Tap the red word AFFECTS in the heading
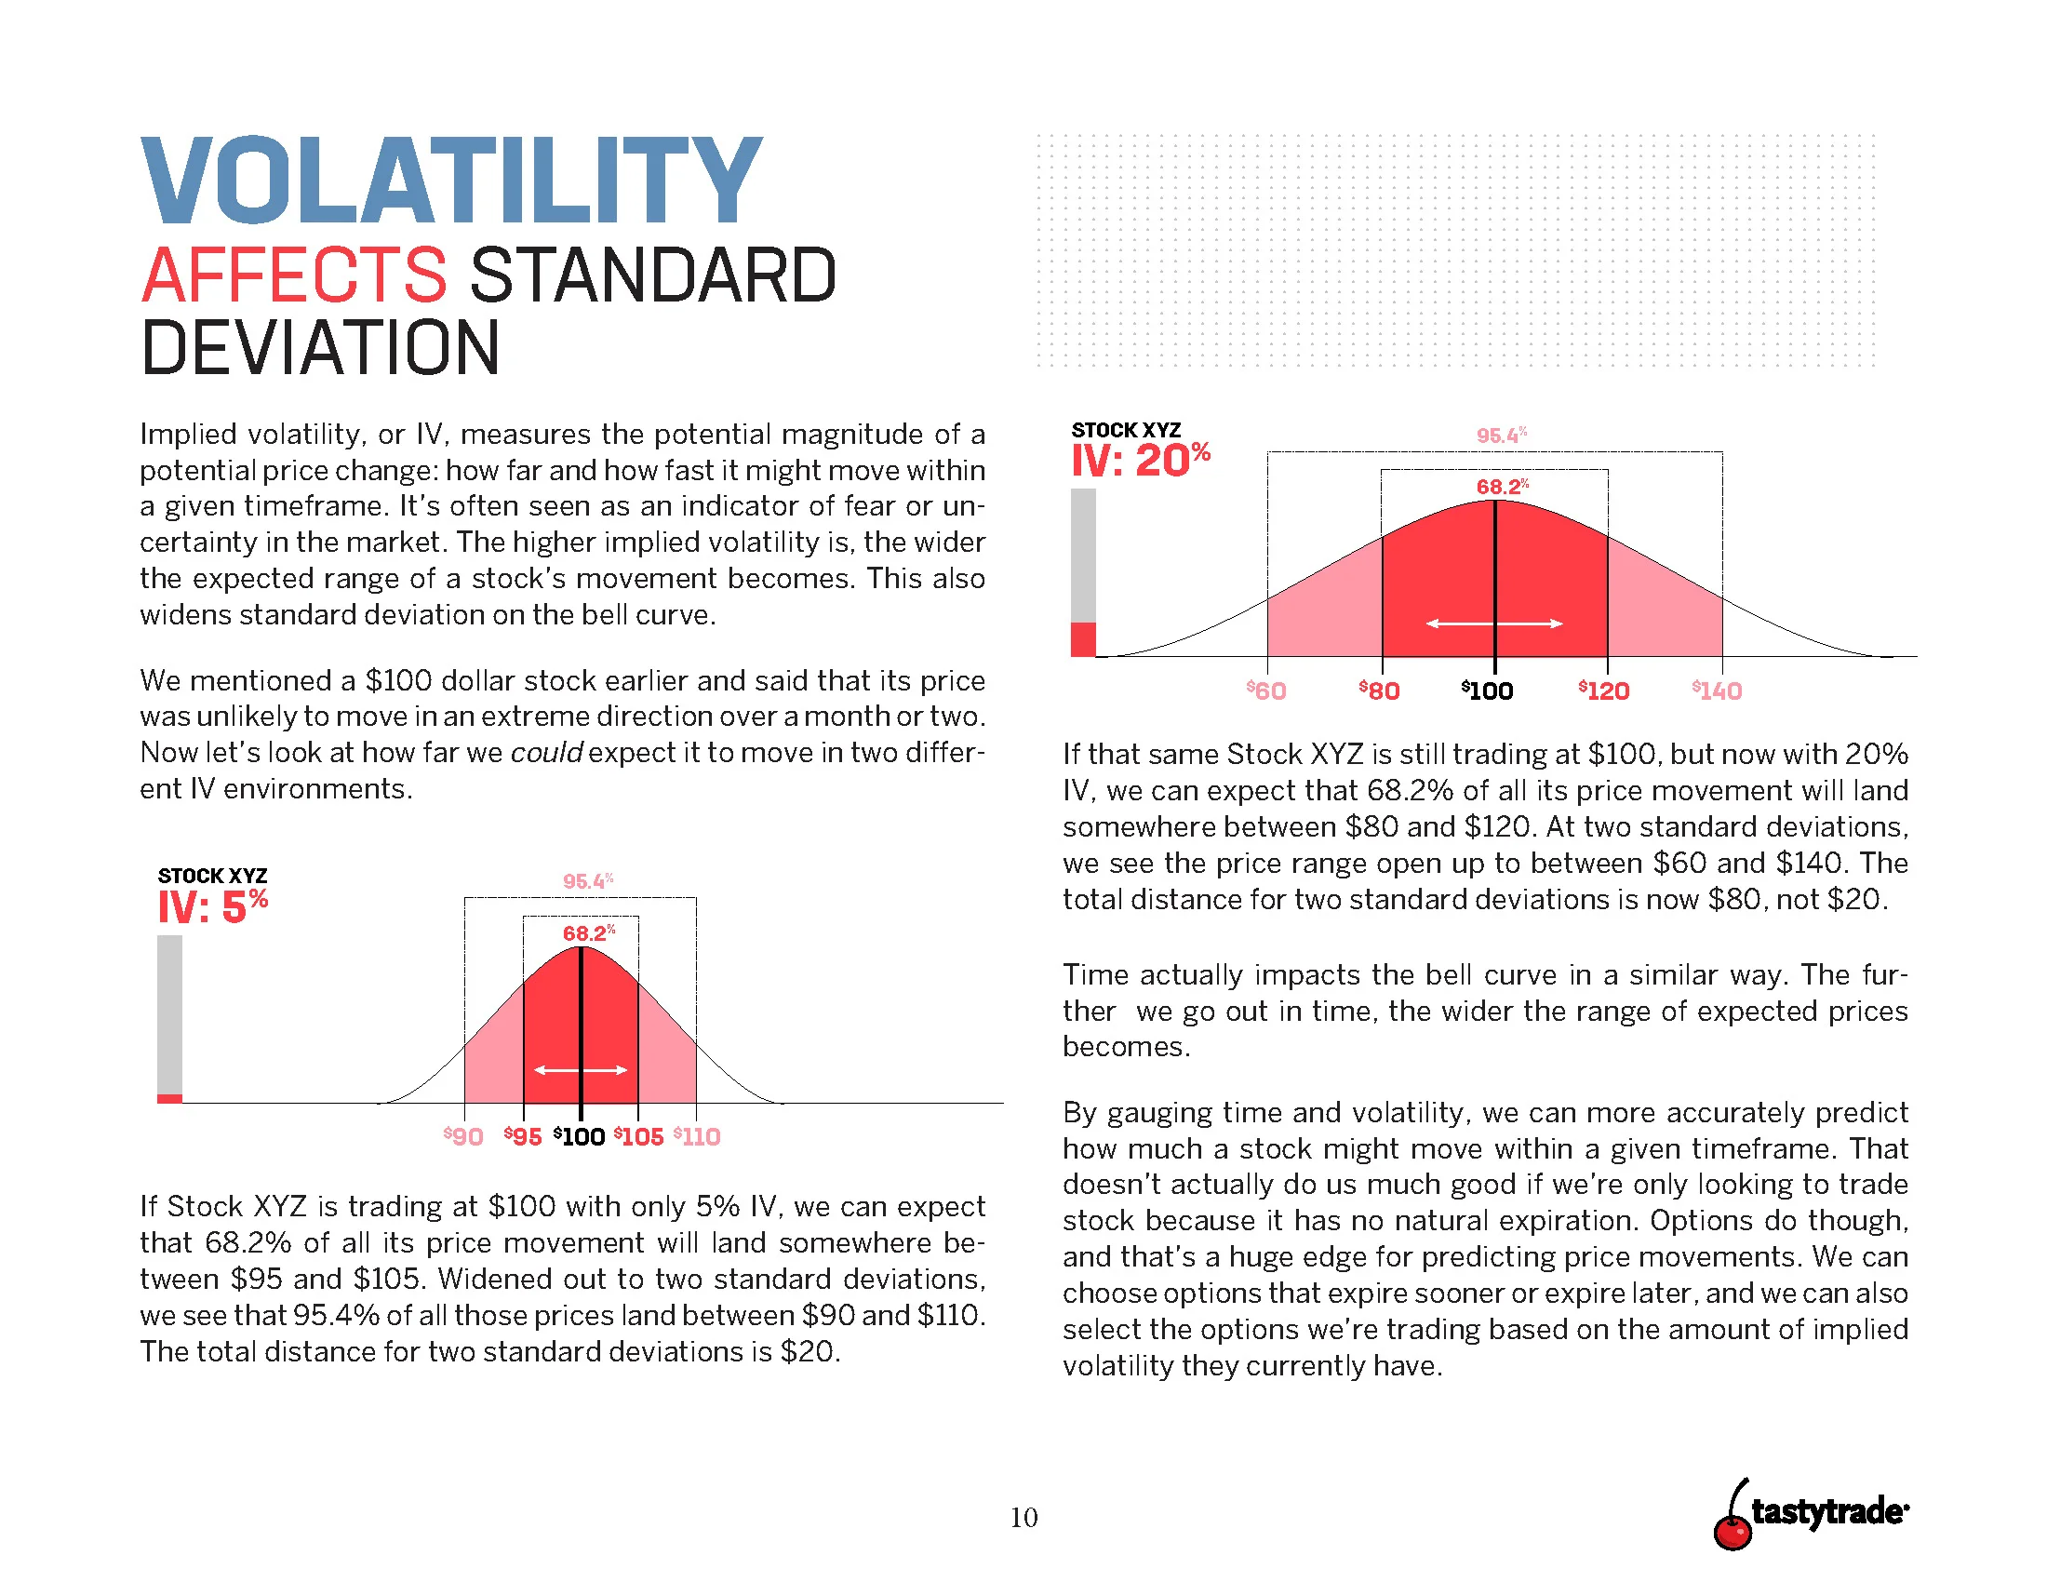[293, 275]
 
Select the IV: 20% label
[1140, 460]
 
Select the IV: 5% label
[213, 906]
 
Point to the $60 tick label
[1265, 690]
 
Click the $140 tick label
[1716, 690]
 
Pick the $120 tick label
[1603, 690]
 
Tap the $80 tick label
[1379, 690]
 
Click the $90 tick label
[463, 1137]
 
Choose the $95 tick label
[523, 1137]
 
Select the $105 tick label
[638, 1137]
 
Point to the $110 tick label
[696, 1137]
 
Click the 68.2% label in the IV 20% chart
[1502, 487]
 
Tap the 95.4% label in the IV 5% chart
[588, 881]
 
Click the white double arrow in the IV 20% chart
[1494, 623]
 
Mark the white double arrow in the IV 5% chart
[581, 1070]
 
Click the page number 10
[1023, 1518]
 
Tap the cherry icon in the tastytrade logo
[1733, 1528]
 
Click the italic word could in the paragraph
[545, 753]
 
